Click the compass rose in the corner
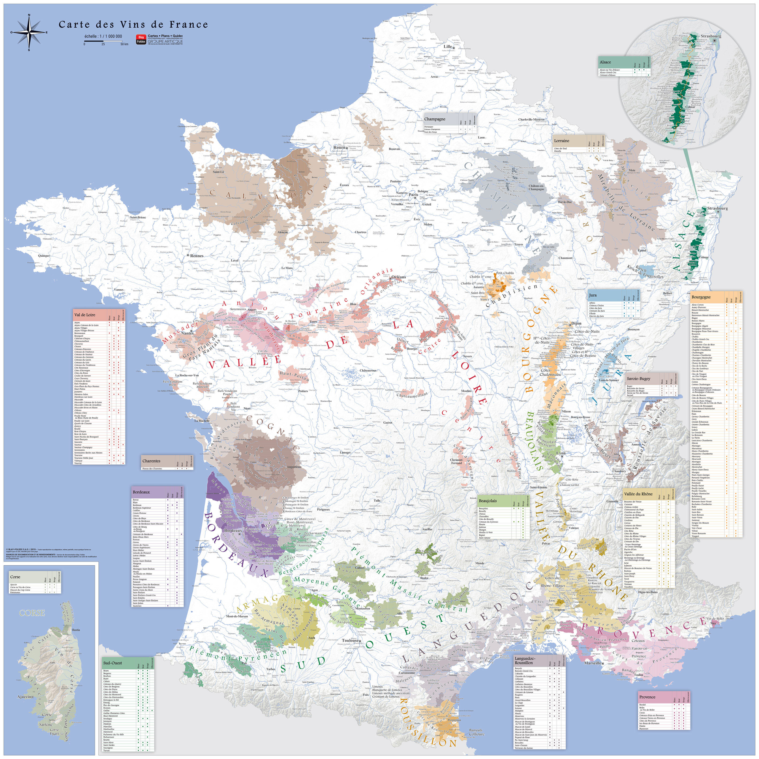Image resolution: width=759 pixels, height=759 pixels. pyautogui.click(x=29, y=32)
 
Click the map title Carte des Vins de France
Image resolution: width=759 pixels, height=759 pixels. pyautogui.click(x=133, y=25)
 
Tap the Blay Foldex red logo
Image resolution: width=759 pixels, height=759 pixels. pyautogui.click(x=141, y=39)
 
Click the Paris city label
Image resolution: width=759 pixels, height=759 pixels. pyautogui.click(x=413, y=194)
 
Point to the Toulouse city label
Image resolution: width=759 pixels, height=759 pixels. pyautogui.click(x=350, y=640)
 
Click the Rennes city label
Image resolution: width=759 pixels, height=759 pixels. pyautogui.click(x=197, y=256)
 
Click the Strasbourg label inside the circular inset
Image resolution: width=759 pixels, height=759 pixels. pyautogui.click(x=711, y=36)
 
